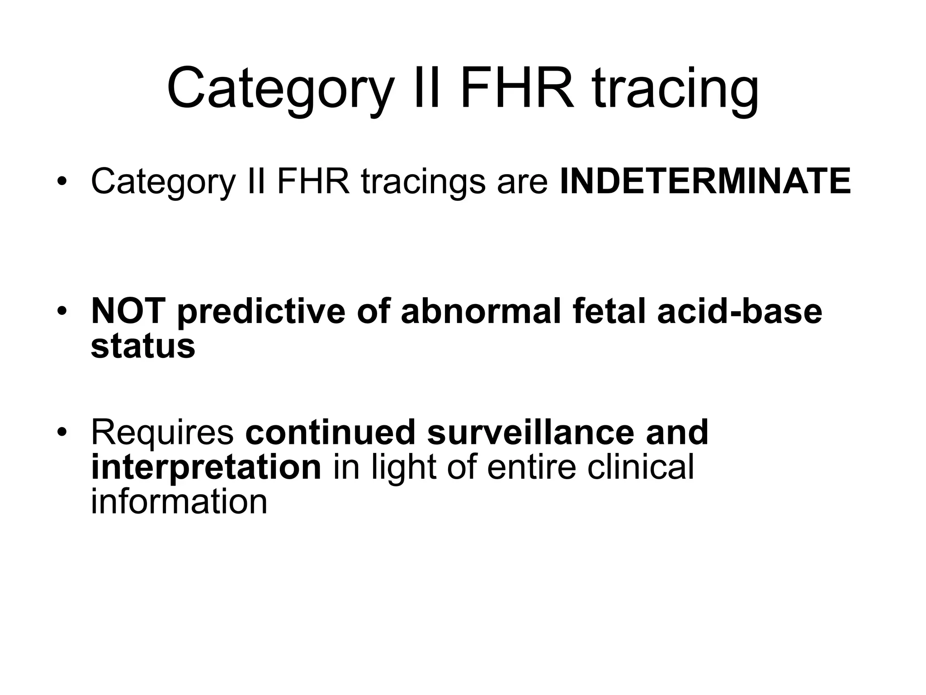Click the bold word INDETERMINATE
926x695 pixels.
pos(705,181)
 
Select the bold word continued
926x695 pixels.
pos(330,432)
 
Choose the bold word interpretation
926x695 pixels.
pos(206,467)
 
